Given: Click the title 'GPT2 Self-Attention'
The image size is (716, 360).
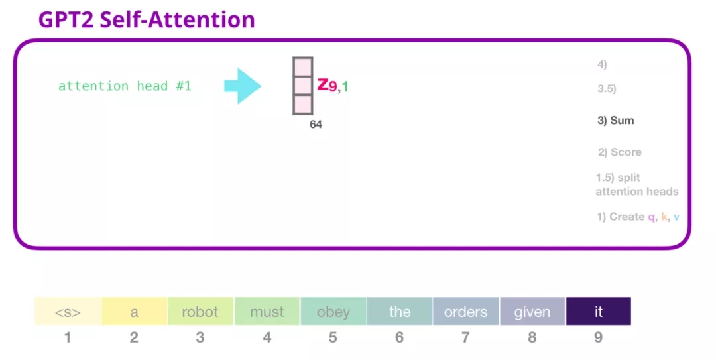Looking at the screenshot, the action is (147, 20).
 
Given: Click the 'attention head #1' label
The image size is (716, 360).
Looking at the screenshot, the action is (125, 86).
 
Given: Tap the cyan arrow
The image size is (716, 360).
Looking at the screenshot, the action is (243, 86).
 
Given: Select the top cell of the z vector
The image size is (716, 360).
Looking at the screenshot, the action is (303, 67).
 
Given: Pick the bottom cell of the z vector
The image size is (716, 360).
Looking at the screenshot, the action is (303, 105).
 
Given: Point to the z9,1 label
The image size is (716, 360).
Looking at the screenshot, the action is (333, 85).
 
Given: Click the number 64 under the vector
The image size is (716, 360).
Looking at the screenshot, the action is (316, 124).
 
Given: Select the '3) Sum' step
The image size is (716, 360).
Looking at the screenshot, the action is (615, 121).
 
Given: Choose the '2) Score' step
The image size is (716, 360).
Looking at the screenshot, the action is (620, 152).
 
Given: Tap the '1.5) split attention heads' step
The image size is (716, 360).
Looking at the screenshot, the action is (637, 184).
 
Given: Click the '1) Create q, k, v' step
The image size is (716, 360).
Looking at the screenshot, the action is (638, 217).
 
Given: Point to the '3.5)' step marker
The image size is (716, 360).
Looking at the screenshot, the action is (607, 89).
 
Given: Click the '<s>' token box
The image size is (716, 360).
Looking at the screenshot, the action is (68, 311).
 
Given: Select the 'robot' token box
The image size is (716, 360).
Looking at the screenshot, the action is (200, 311).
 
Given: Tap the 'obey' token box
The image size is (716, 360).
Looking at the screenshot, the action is (333, 311).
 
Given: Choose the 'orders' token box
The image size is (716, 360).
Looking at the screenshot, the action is (466, 311).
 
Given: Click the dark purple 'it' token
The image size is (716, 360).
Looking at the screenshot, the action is (599, 311).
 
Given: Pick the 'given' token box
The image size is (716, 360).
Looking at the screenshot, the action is (532, 311).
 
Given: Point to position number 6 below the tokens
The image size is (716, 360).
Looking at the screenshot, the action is (400, 337).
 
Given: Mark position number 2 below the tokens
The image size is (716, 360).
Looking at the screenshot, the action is (134, 337).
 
